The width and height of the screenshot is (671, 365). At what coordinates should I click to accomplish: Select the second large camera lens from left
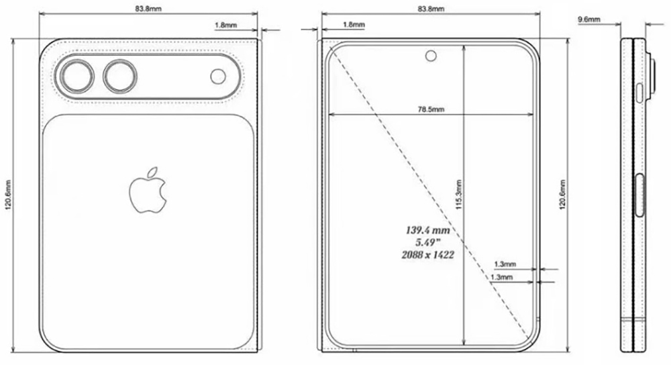pyautogui.click(x=119, y=76)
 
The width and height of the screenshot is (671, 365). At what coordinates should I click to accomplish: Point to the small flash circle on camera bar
pyautogui.click(x=218, y=76)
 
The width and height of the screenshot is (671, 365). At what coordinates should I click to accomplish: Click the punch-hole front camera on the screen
pyautogui.click(x=430, y=56)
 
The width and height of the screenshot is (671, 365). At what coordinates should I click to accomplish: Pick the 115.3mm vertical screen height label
pyautogui.click(x=459, y=195)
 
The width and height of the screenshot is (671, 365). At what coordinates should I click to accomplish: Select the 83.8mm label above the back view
pyautogui.click(x=148, y=9)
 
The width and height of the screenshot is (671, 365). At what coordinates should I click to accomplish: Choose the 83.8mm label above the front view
pyautogui.click(x=429, y=9)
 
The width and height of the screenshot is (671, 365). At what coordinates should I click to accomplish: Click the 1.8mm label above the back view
pyautogui.click(x=225, y=25)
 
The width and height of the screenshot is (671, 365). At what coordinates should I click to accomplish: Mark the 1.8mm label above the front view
pyautogui.click(x=354, y=25)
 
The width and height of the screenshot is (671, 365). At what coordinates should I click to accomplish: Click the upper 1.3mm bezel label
pyautogui.click(x=505, y=264)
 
